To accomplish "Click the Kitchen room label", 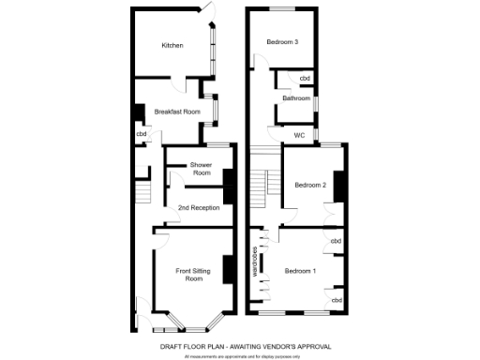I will tap(172, 46).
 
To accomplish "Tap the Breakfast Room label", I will tap(178, 112).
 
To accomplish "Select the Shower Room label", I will tap(202, 170).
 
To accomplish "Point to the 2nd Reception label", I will tap(199, 207).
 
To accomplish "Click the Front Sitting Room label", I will tap(194, 275).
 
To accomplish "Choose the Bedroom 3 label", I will tap(282, 42).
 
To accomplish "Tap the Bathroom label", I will tap(296, 97).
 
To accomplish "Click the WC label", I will tap(300, 135).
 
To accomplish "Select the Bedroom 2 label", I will tap(310, 185).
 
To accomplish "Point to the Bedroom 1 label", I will tap(301, 271).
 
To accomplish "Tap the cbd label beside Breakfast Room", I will tap(142, 134).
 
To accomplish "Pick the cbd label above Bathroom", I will tap(306, 78).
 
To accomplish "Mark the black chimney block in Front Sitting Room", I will tap(227, 268).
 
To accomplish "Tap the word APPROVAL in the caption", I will tap(312, 347).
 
